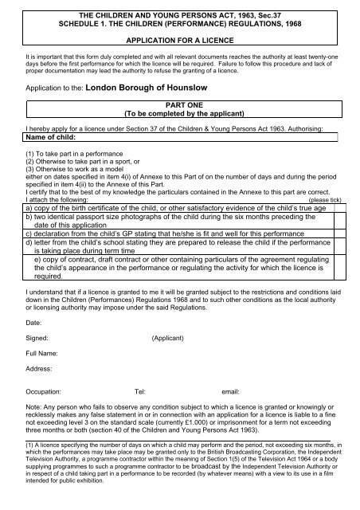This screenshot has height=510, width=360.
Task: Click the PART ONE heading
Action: pyautogui.click(x=179, y=104)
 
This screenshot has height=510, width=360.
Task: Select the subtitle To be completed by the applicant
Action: pyautogui.click(x=179, y=113)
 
